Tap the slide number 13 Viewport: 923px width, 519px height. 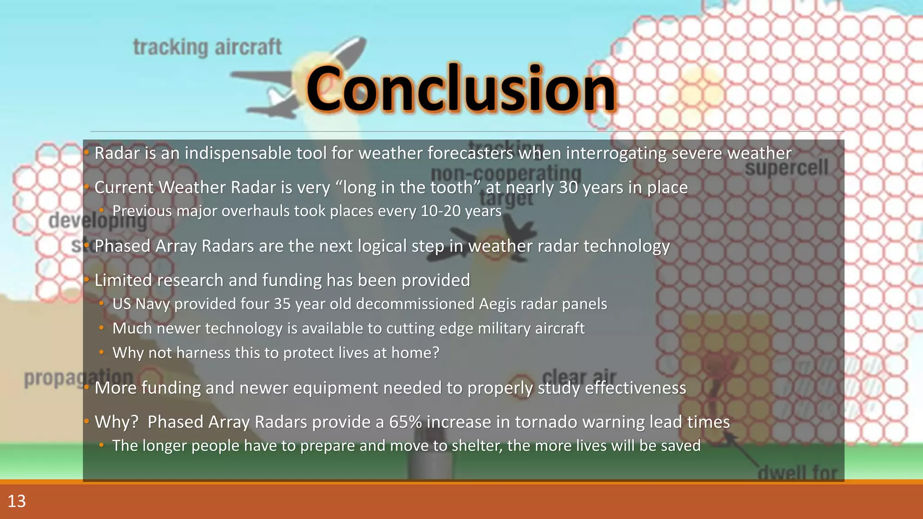click(17, 501)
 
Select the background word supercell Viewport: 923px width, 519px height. click(786, 168)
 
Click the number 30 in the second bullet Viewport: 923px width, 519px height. click(568, 187)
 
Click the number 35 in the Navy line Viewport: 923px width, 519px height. click(282, 304)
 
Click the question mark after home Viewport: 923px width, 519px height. click(435, 353)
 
